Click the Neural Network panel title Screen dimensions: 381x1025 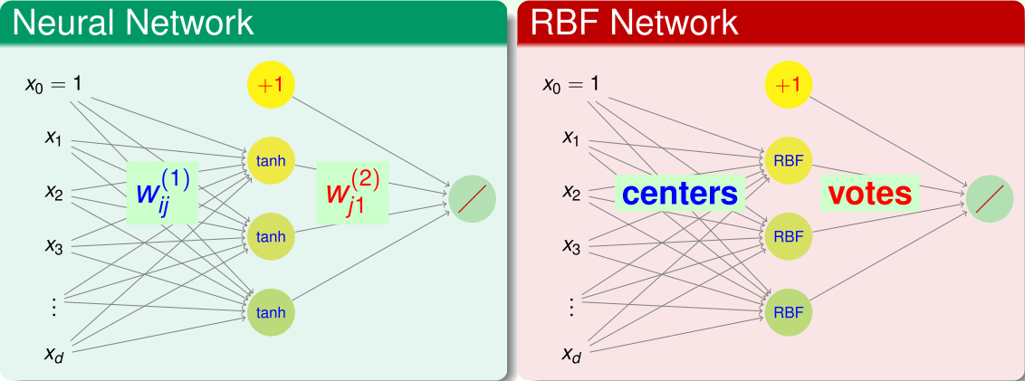[133, 23]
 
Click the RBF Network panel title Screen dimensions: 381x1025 [634, 23]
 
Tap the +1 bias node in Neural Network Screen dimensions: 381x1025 [271, 85]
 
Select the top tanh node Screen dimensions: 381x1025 [271, 161]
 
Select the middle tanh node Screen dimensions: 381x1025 [271, 236]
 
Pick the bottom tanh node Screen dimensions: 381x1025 [271, 312]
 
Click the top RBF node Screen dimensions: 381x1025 [789, 161]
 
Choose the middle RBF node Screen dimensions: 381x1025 [789, 236]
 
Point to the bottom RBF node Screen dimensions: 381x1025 [789, 312]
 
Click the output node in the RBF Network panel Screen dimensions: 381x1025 [990, 198]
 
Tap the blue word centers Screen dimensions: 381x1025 [680, 193]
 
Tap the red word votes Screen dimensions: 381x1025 [870, 193]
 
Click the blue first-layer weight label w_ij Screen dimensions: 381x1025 [162, 193]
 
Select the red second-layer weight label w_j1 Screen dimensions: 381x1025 [352, 193]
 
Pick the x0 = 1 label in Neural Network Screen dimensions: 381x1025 [53, 85]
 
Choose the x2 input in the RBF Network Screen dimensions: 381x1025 [571, 192]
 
